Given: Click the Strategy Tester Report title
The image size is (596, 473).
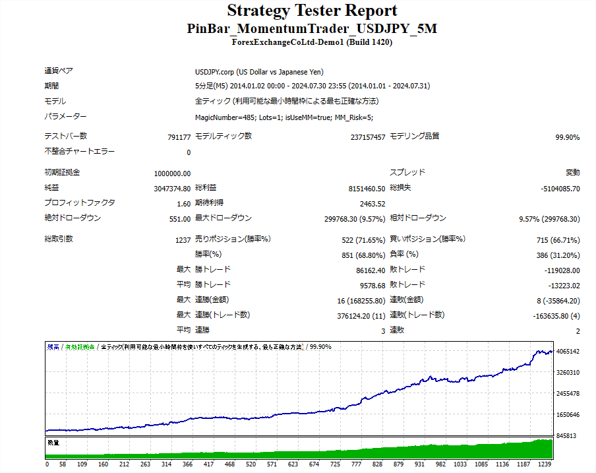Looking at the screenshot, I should (x=312, y=11).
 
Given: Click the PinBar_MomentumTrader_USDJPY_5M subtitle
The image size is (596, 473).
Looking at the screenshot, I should (x=312, y=29).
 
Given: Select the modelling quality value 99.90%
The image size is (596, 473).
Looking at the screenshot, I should (x=567, y=137).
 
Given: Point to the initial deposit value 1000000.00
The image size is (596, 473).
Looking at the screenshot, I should (x=172, y=173).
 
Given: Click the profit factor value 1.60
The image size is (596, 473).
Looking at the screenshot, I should (x=184, y=204).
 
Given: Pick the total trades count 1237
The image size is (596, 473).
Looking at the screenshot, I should (x=183, y=239).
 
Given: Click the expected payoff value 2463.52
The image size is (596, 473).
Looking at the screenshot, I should (x=372, y=204).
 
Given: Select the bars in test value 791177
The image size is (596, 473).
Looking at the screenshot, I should (x=179, y=137).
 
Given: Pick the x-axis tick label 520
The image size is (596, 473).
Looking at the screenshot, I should (x=251, y=464).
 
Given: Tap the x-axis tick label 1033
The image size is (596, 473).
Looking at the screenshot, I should (x=456, y=464).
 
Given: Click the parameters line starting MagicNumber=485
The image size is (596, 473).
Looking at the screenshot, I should (x=284, y=117).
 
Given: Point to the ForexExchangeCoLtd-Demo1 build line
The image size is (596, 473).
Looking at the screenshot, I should (x=312, y=42).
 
